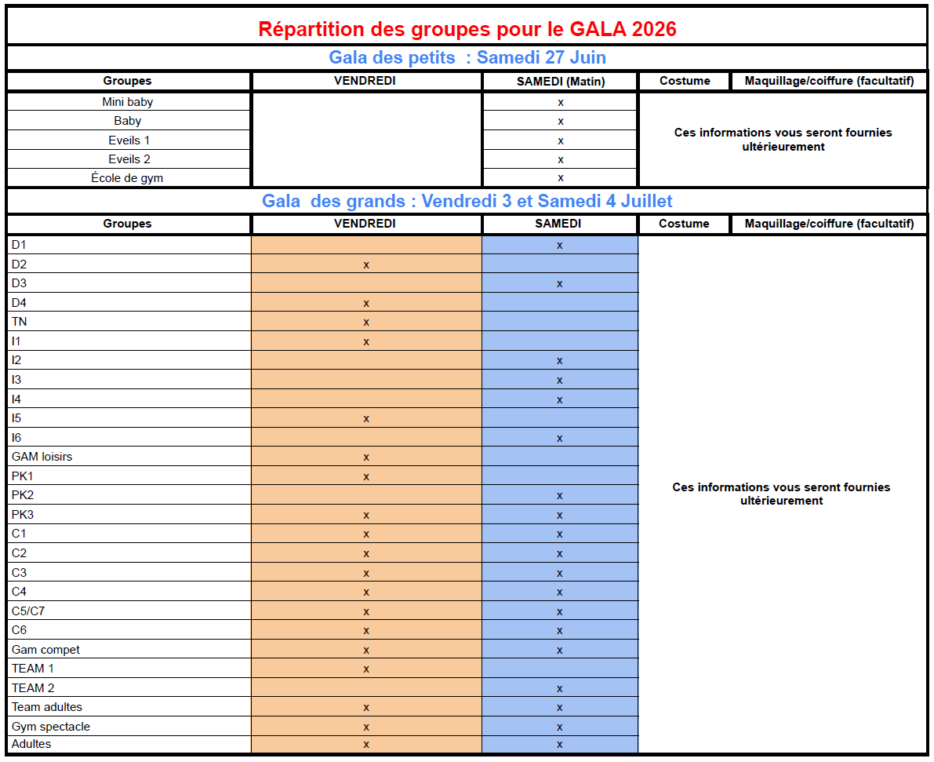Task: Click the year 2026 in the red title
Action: [649, 29]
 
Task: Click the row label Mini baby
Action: [127, 102]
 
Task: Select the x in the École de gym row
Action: [561, 178]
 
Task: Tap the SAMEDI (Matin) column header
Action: [561, 81]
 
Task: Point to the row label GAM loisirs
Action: [42, 457]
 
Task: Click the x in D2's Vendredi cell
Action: [366, 264]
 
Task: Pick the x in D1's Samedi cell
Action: [560, 246]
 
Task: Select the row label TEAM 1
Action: [33, 669]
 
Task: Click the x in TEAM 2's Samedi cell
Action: [560, 689]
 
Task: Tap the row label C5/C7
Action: [34, 611]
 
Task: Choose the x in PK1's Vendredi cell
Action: [366, 476]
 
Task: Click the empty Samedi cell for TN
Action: [560, 322]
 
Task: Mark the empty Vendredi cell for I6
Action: [366, 438]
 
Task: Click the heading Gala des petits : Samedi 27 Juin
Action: [467, 57]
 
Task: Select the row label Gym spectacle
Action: [51, 727]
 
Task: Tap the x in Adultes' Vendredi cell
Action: [366, 744]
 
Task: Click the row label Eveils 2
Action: [129, 159]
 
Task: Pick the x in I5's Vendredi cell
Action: [366, 419]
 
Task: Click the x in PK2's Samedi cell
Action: [560, 496]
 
